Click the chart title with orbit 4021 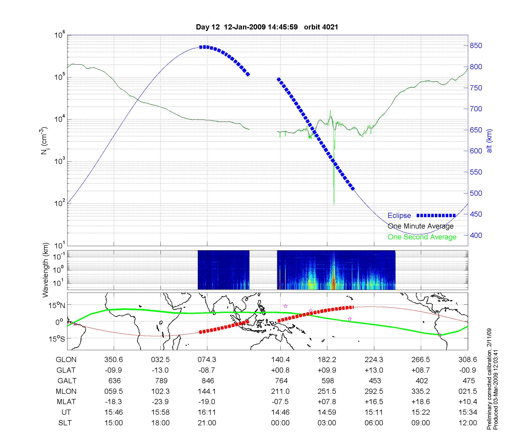click(267, 27)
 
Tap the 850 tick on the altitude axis click(476, 46)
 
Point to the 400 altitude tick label click(476, 235)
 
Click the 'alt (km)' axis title click(489, 141)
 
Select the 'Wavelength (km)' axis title click(45, 270)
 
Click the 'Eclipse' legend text click(399, 216)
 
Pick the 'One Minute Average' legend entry click(421, 226)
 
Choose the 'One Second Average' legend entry click(422, 237)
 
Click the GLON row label click(66, 360)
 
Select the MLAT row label click(66, 402)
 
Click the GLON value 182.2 click(327, 360)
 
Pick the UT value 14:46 click(280, 412)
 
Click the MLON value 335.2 click(421, 391)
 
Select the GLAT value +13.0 click(374, 370)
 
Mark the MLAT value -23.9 click(160, 402)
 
